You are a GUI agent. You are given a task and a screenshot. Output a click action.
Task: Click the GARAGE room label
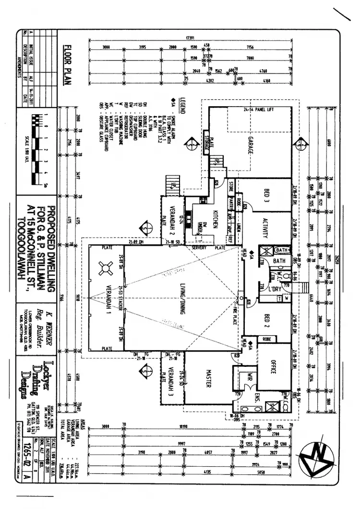point(250,145)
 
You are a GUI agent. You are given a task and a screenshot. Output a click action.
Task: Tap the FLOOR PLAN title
point(67,65)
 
